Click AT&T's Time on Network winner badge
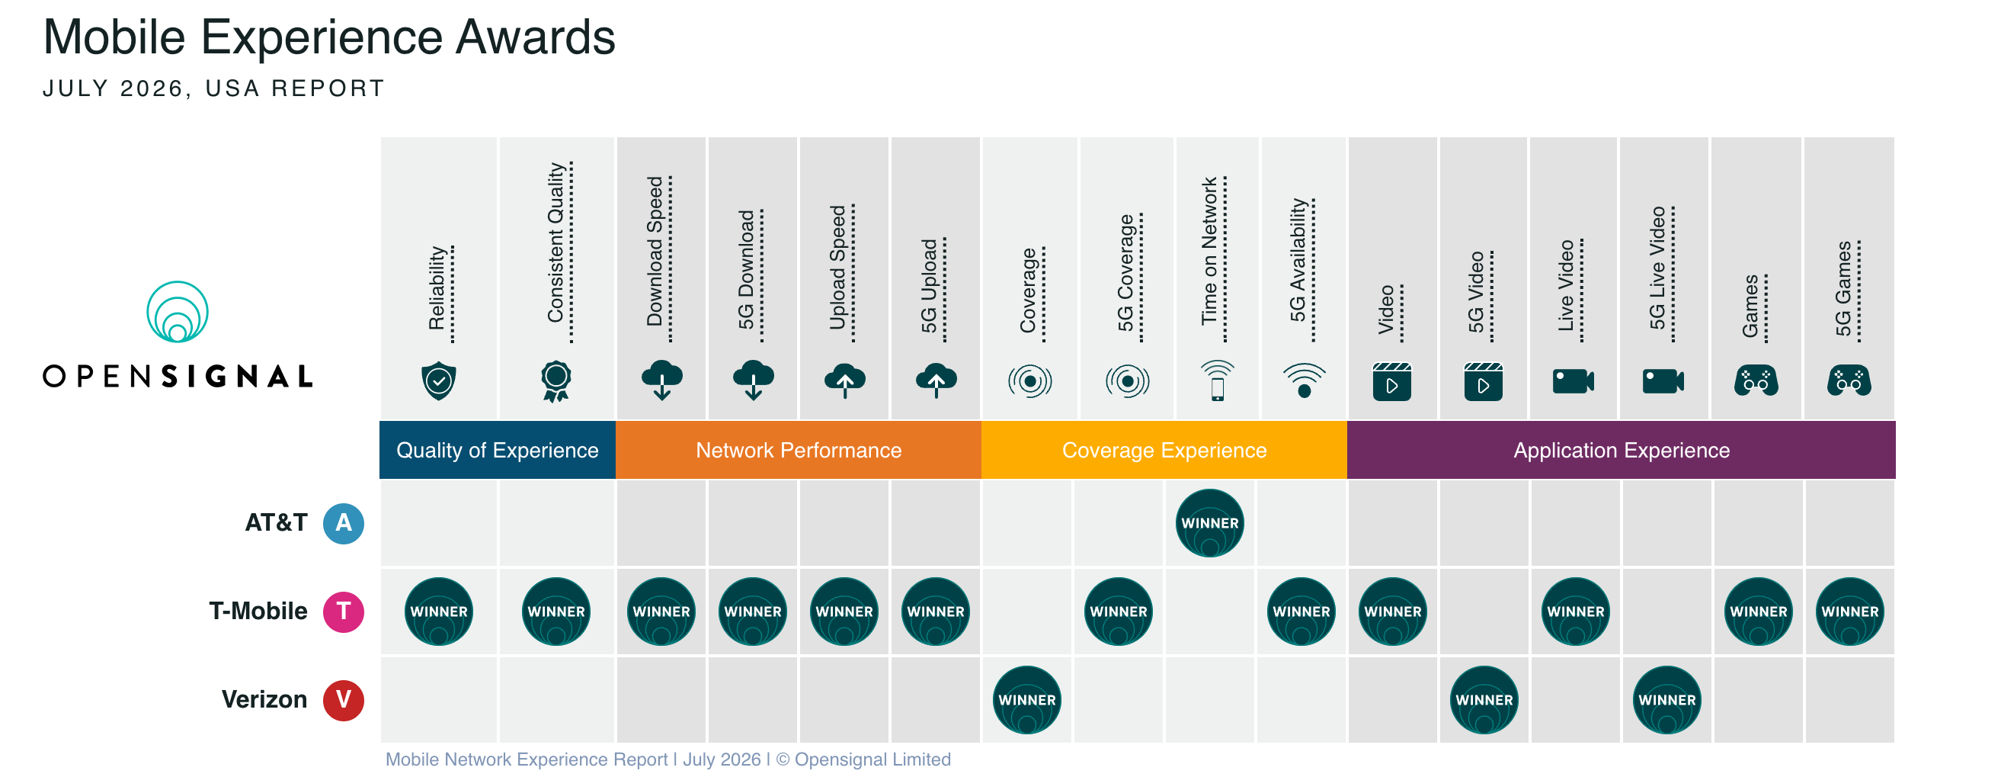[1209, 523]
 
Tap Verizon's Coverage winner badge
[1027, 700]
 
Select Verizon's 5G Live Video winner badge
[1667, 700]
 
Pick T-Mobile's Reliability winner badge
[439, 612]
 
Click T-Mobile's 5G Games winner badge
[1850, 612]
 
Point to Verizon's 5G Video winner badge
[1484, 700]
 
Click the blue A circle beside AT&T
[344, 523]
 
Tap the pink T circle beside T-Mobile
[344, 612]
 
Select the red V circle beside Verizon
[344, 700]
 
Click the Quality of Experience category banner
[497, 450]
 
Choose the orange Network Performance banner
[799, 450]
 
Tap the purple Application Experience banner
[1622, 450]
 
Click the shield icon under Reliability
[439, 380]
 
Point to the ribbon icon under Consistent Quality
[556, 381]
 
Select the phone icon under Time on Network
[1217, 380]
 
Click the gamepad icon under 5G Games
[1849, 380]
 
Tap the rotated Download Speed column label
[655, 251]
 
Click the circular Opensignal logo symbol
[178, 313]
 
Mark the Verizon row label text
[264, 700]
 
